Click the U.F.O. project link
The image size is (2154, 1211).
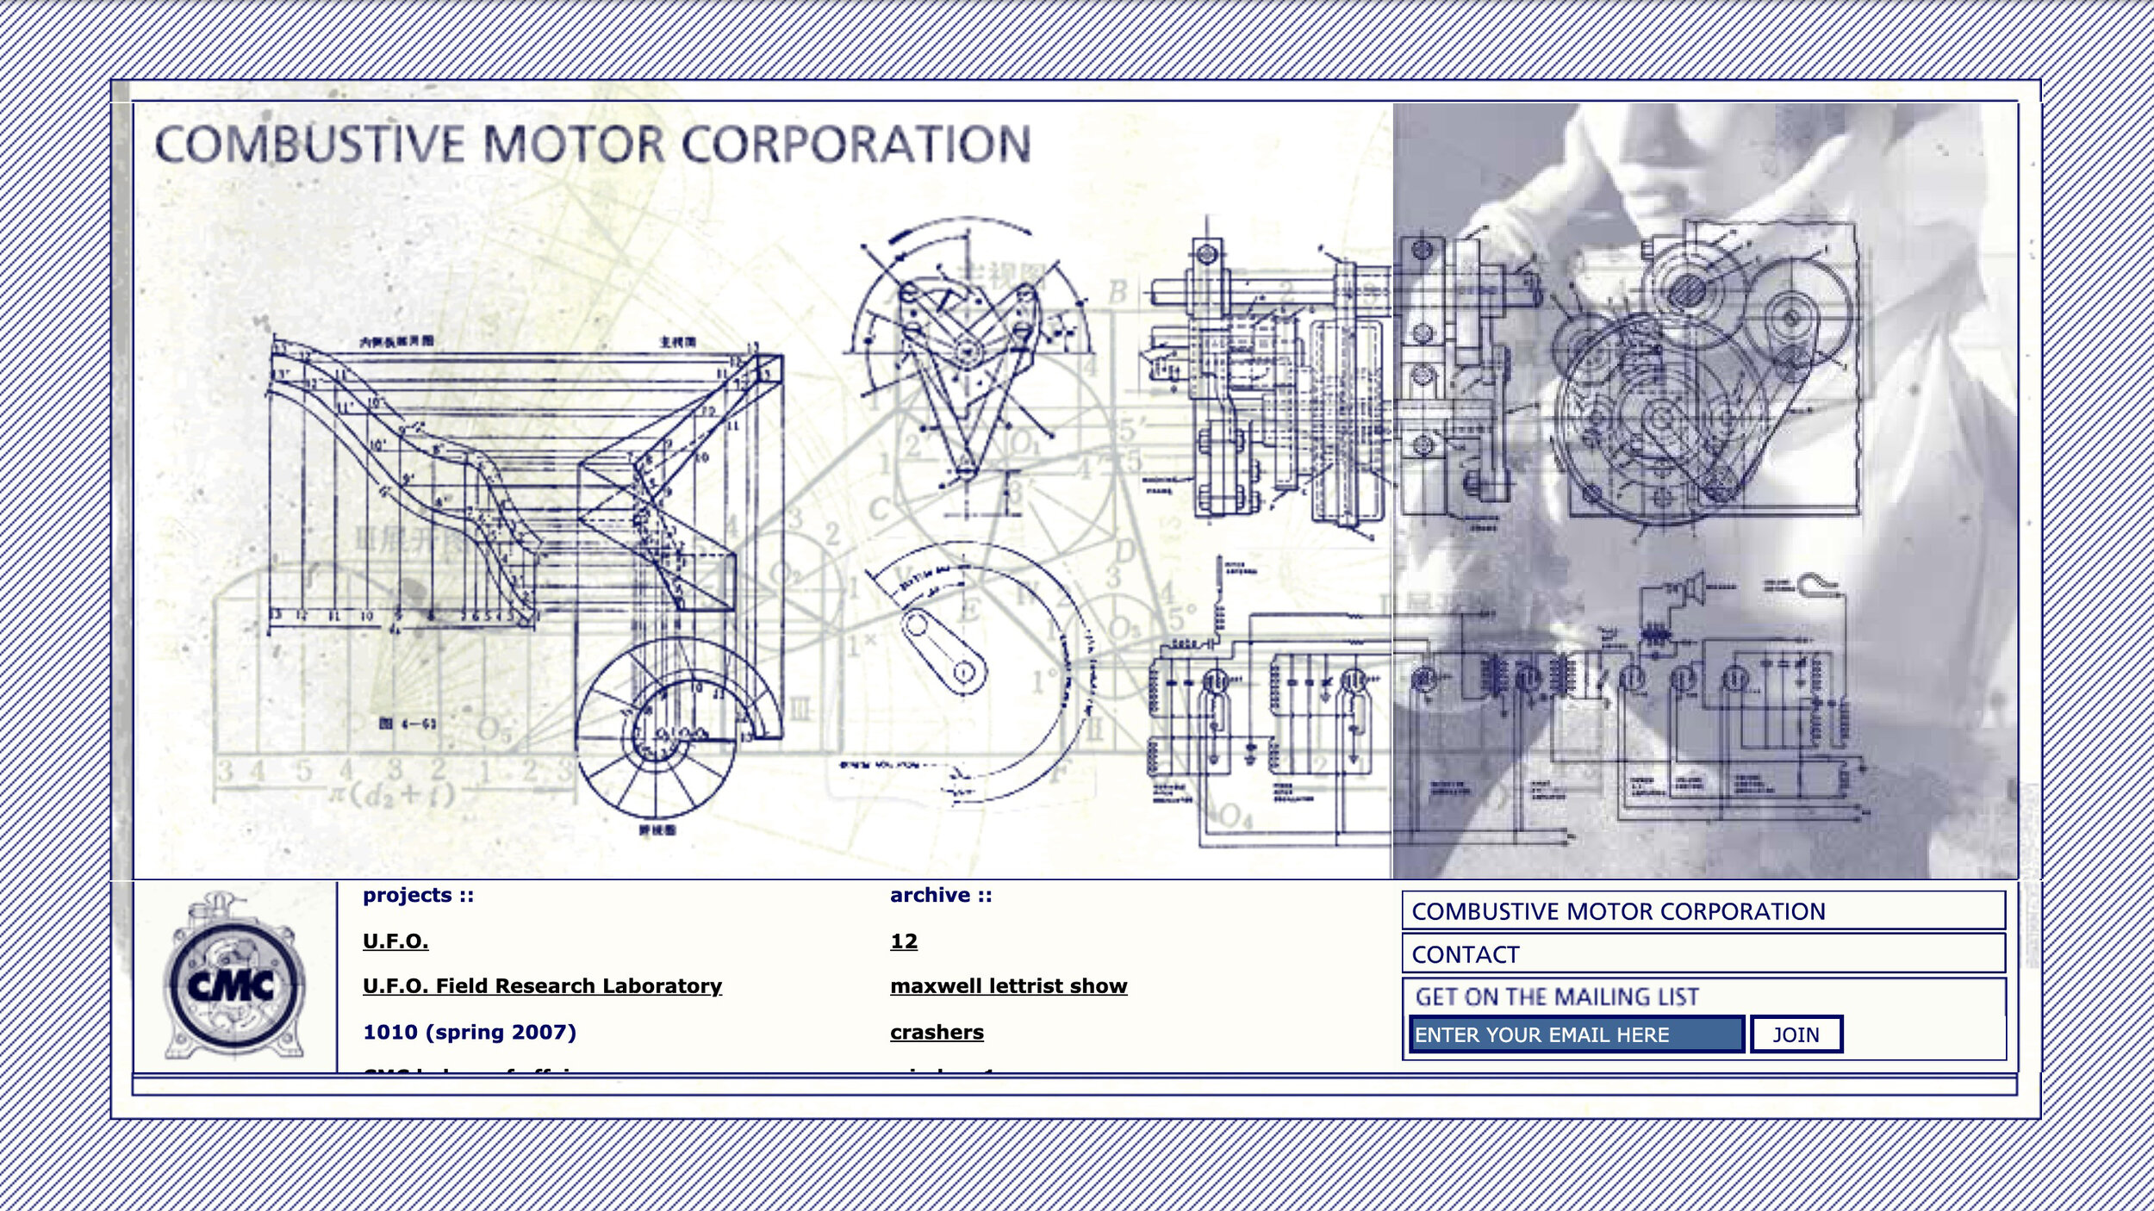coord(395,941)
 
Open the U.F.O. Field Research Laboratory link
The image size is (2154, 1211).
coord(542,986)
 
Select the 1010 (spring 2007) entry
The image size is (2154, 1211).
coord(470,1032)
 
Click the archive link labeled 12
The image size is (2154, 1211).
coord(904,941)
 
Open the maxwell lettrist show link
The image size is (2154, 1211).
coord(1008,986)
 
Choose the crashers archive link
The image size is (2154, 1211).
coord(937,1032)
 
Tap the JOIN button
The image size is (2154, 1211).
coord(1796,1034)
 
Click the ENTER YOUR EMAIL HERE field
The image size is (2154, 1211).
coord(1576,1034)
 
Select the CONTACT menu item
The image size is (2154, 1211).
coord(1703,954)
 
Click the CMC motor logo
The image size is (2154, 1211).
coord(233,983)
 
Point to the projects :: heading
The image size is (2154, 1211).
coord(419,895)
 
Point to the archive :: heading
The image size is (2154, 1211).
coord(941,895)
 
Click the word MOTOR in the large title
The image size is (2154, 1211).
coord(575,144)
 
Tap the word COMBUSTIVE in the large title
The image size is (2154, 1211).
coord(309,144)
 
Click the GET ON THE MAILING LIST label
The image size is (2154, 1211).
coord(1557,997)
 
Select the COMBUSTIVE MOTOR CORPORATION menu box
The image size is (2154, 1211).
coord(1703,911)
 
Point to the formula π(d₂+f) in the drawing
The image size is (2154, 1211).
coord(392,792)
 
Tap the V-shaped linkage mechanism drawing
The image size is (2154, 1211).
coord(965,370)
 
